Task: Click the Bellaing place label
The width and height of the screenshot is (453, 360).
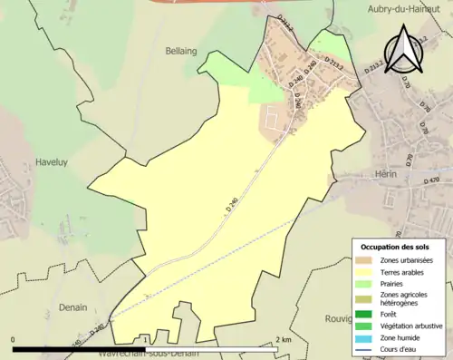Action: pyautogui.click(x=181, y=52)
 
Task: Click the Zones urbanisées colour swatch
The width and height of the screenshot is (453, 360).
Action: pyautogui.click(x=363, y=260)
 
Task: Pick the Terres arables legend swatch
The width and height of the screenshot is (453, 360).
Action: pyautogui.click(x=363, y=271)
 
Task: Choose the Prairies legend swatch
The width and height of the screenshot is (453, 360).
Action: pyautogui.click(x=363, y=283)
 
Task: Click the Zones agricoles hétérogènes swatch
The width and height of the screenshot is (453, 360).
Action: pyautogui.click(x=363, y=299)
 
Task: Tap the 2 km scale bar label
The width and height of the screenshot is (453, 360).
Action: pyautogui.click(x=284, y=339)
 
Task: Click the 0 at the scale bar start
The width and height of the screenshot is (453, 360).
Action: pyautogui.click(x=14, y=339)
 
